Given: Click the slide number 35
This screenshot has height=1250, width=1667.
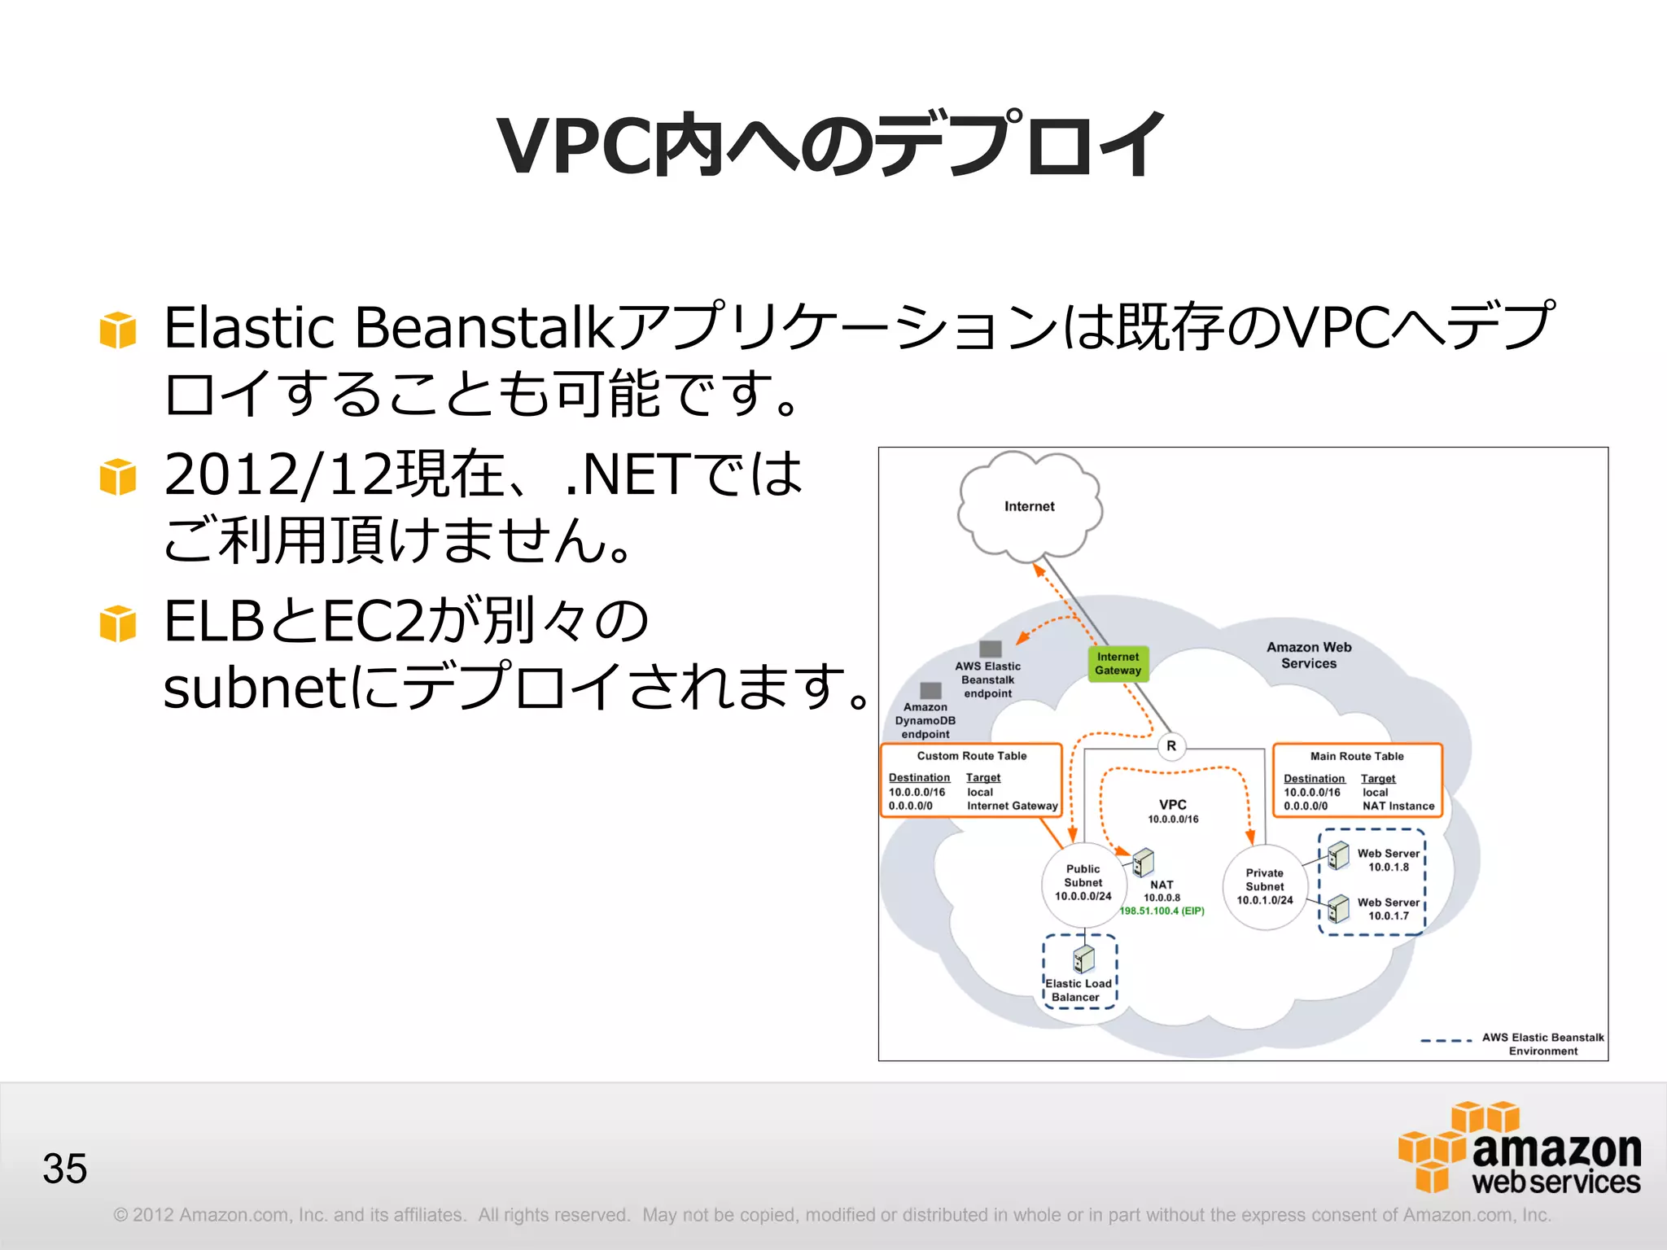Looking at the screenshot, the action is click(x=65, y=1169).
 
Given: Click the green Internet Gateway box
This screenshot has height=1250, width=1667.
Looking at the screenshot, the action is click(x=1118, y=663).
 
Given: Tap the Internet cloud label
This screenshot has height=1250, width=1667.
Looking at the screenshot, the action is click(x=1029, y=506).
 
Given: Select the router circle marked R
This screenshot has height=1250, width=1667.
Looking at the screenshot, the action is click(x=1171, y=745).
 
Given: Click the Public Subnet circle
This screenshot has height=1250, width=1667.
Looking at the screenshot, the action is click(x=1083, y=883).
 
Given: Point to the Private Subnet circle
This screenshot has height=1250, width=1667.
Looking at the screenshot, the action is click(x=1264, y=886).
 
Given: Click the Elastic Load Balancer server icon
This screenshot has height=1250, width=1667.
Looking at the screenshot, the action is click(x=1083, y=959).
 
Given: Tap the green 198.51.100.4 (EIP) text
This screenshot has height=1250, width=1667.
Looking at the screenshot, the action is click(x=1162, y=911).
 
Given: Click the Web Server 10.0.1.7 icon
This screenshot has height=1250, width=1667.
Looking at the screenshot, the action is click(x=1337, y=907).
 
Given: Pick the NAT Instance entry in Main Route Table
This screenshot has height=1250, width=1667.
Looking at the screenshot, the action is click(x=1398, y=806).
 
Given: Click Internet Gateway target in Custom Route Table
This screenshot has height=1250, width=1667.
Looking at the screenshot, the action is click(x=1012, y=806).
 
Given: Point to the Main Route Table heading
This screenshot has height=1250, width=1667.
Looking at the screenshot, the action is click(x=1357, y=756).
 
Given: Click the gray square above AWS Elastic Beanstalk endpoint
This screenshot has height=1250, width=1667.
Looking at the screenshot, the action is click(x=990, y=649).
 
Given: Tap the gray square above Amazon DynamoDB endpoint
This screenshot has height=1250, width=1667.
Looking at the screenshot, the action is click(x=930, y=691).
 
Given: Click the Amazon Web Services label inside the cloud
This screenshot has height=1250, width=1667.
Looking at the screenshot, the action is click(x=1308, y=655).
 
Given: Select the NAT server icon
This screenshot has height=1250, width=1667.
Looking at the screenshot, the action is click(x=1143, y=862).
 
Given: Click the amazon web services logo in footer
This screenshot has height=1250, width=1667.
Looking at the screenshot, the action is click(x=1520, y=1149).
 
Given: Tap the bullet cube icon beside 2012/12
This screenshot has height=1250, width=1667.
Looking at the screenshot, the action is click(x=118, y=476).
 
